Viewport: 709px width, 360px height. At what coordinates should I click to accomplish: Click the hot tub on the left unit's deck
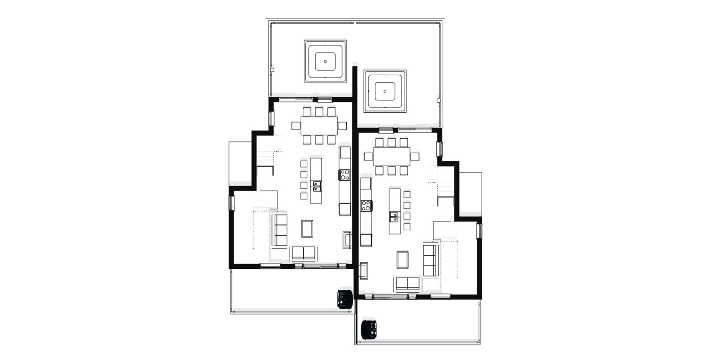point(325,62)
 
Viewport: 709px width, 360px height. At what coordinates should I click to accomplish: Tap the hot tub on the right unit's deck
point(385,91)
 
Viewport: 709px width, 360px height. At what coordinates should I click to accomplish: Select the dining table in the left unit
point(319,126)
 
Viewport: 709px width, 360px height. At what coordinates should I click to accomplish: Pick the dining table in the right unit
point(391,156)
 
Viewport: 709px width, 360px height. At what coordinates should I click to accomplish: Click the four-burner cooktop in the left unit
point(345,175)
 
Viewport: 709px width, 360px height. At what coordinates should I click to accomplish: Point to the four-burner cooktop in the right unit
point(366,206)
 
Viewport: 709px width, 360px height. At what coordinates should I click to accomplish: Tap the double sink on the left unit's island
point(317,186)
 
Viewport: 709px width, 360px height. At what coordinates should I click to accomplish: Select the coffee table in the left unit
point(307,228)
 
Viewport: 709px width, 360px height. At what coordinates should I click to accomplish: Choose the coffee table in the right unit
point(403,260)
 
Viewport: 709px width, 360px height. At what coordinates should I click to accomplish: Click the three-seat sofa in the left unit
point(281,230)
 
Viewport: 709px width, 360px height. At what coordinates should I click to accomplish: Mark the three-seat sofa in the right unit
point(429,261)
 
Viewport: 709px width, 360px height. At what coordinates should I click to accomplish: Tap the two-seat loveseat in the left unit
point(303,254)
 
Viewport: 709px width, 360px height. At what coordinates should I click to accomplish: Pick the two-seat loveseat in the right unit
point(407,283)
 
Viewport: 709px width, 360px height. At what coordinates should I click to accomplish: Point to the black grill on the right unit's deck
point(370,329)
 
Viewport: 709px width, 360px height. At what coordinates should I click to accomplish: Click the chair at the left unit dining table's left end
point(296,126)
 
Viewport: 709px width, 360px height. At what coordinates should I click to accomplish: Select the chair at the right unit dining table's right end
point(415,156)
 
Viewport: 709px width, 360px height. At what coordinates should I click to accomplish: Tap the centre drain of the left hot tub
point(325,62)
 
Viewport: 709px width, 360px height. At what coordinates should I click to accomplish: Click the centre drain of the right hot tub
point(385,91)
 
